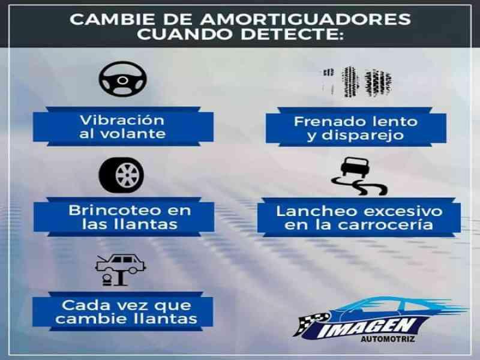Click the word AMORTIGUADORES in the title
coord(305,19)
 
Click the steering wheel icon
coord(123,79)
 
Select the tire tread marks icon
coord(358,82)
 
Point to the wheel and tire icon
coord(122,175)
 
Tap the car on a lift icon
coord(121,270)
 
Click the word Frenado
coord(329,122)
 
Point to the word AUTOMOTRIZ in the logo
coord(388,339)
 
